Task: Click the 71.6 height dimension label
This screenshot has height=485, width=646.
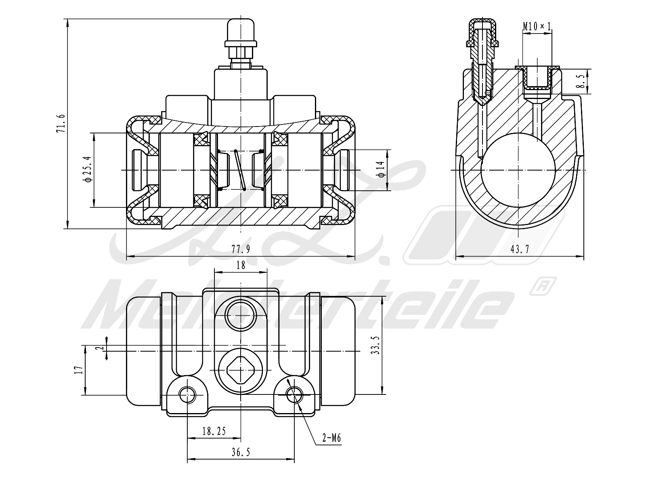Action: [x=61, y=124]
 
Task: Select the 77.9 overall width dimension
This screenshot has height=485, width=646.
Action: [x=241, y=249]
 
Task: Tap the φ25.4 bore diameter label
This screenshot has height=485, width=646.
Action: [x=88, y=170]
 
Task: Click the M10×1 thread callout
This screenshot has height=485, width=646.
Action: [x=537, y=27]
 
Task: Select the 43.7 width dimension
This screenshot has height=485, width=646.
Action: [x=520, y=249]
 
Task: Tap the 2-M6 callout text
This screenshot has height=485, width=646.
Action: [x=332, y=438]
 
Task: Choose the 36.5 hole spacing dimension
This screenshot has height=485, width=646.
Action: [x=241, y=453]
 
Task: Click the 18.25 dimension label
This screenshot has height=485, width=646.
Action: [x=214, y=432]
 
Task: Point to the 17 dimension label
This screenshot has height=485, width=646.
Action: [x=79, y=369]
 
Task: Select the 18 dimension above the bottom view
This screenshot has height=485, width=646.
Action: [x=241, y=265]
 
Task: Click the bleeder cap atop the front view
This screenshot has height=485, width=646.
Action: [x=241, y=28]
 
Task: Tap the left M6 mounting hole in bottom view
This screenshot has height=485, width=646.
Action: [x=187, y=394]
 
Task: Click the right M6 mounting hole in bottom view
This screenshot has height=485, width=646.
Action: [x=294, y=394]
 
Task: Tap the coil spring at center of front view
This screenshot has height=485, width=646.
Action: [x=240, y=170]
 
